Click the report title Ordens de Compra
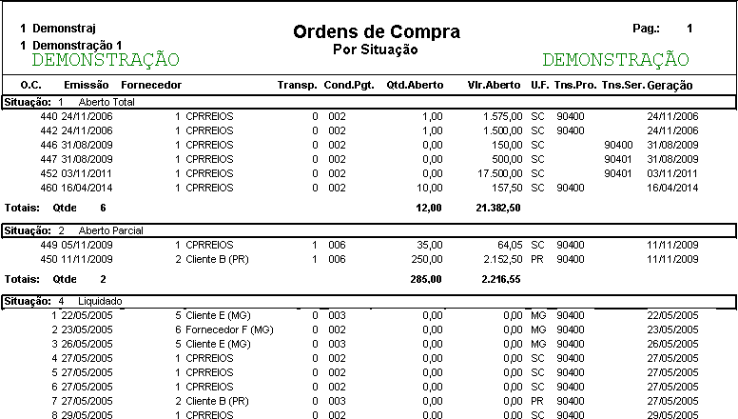(x=377, y=31)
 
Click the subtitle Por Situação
(x=377, y=48)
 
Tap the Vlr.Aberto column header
(x=495, y=86)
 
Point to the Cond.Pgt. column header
(x=349, y=86)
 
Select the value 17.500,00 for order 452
(x=499, y=173)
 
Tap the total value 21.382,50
(x=498, y=207)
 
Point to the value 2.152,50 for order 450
(x=499, y=259)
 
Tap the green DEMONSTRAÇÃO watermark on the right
(x=615, y=60)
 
